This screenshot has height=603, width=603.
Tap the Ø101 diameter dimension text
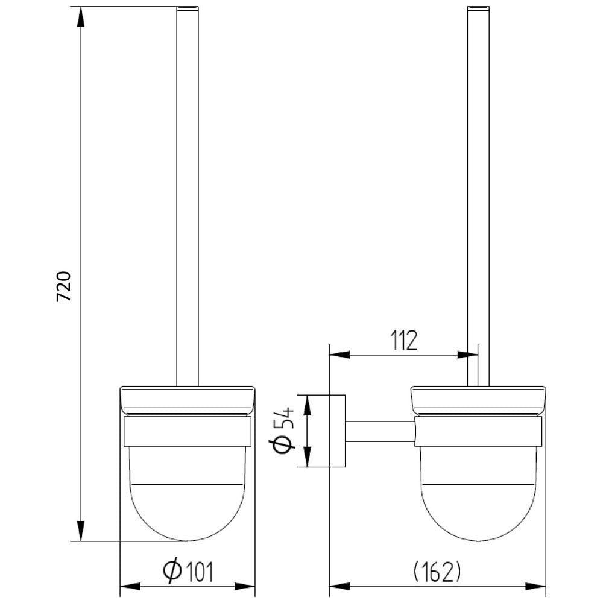point(188,572)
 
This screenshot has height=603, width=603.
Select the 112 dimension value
point(404,340)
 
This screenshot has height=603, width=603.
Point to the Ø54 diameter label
point(284,431)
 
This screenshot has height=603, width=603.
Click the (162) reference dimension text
point(437,572)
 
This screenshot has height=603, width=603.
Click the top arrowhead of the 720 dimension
point(81,17)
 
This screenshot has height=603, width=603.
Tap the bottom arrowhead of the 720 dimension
point(81,531)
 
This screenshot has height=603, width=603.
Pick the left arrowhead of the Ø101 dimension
point(131,587)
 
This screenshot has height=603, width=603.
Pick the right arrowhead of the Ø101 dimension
point(245,587)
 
